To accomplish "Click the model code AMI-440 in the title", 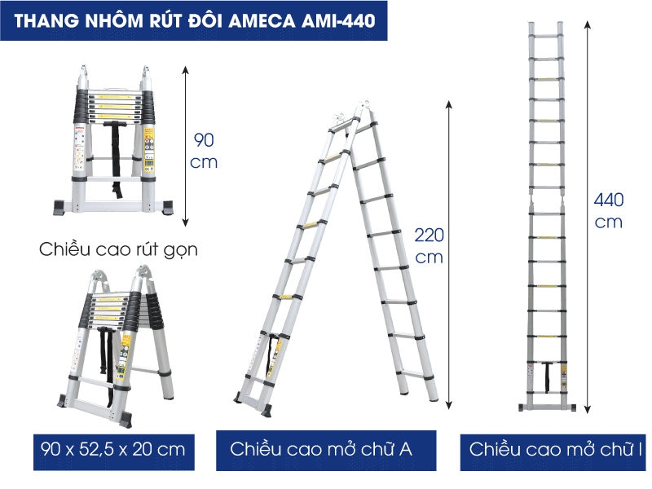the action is pyautogui.click(x=339, y=21).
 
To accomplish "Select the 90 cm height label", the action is pyautogui.click(x=204, y=151).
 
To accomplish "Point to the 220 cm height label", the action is pyautogui.click(x=430, y=246).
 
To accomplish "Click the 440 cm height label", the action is pyautogui.click(x=608, y=211).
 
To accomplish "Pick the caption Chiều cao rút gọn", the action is pyautogui.click(x=118, y=249).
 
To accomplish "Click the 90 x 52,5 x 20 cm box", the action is pyautogui.click(x=114, y=452).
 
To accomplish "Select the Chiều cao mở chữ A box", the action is pyautogui.click(x=326, y=451).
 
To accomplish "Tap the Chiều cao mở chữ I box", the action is pyautogui.click(x=553, y=452).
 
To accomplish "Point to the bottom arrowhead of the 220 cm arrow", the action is pyautogui.click(x=449, y=405).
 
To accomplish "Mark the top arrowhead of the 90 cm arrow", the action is pyautogui.click(x=186, y=69).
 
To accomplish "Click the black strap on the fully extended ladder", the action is pyautogui.click(x=548, y=377).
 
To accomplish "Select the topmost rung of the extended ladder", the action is pyautogui.click(x=546, y=37).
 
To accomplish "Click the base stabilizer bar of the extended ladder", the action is pyautogui.click(x=547, y=407).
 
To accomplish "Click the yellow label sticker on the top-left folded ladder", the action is pyautogui.click(x=149, y=149).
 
